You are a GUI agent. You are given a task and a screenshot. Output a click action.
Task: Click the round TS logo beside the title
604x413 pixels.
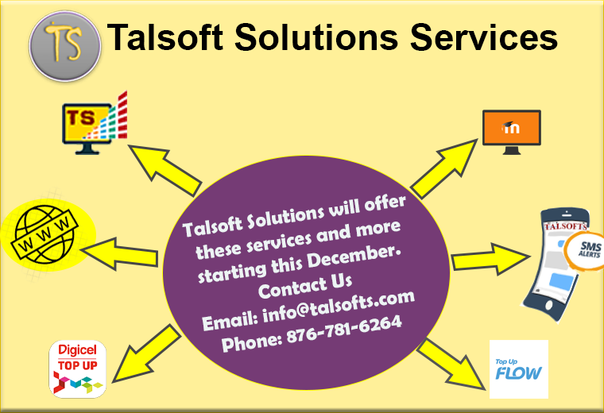click(x=64, y=46)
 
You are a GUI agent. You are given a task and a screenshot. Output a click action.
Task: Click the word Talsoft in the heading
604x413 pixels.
click(x=165, y=37)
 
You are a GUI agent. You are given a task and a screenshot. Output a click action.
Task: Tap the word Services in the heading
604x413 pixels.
click(x=483, y=37)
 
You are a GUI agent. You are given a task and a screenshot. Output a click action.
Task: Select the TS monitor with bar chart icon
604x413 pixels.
click(x=95, y=123)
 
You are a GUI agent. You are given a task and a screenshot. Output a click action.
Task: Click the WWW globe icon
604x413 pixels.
click(x=47, y=235)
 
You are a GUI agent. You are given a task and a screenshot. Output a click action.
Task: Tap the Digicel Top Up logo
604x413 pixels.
click(x=77, y=369)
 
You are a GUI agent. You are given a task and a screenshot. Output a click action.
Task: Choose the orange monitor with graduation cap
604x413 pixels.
click(x=512, y=132)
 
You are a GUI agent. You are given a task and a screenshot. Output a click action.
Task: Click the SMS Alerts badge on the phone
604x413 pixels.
click(x=585, y=250)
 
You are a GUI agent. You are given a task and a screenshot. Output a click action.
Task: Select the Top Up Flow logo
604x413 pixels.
click(x=518, y=369)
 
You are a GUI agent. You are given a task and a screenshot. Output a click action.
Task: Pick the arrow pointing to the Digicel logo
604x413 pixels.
click(x=146, y=353)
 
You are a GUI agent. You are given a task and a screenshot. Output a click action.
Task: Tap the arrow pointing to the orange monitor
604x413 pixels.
click(x=443, y=168)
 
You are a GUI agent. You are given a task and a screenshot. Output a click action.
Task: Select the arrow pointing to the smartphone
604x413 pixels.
click(x=490, y=258)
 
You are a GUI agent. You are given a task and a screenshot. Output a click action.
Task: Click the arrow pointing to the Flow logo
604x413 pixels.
click(x=451, y=364)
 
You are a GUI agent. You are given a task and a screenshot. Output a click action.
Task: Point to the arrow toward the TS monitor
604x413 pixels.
click(x=165, y=170)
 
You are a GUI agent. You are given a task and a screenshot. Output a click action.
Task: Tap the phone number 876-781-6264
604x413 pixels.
click(x=344, y=330)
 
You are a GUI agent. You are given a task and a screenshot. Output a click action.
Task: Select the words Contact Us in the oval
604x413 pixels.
click(x=305, y=286)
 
